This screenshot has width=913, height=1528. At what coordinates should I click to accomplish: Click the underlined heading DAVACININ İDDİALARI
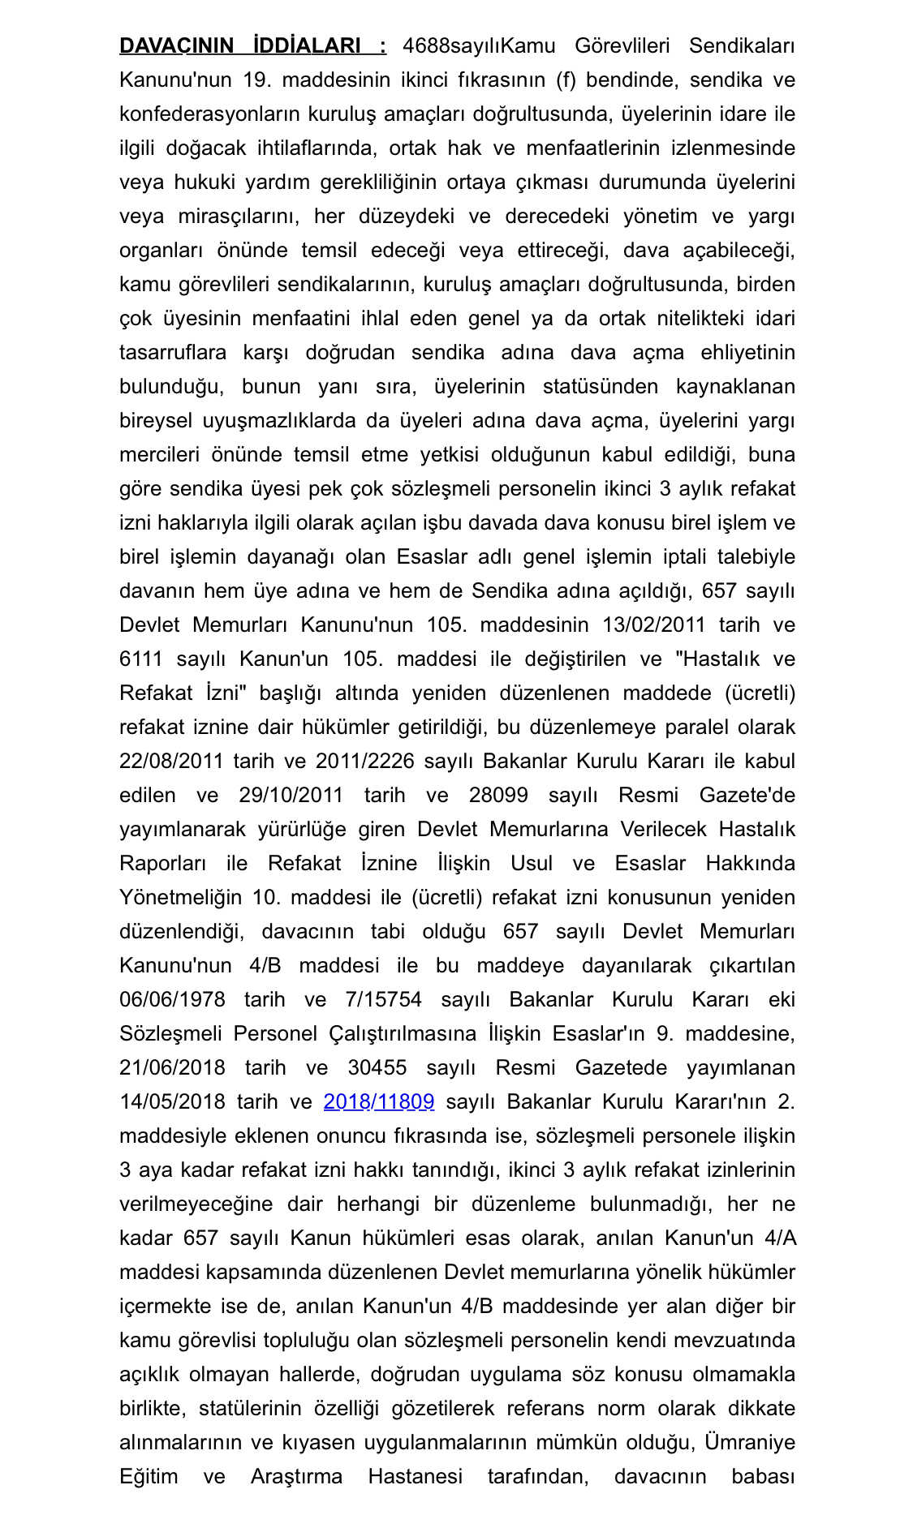(x=252, y=45)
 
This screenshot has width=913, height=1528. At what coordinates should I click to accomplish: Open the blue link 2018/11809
(x=378, y=1101)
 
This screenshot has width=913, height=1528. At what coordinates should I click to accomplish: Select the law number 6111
(x=140, y=659)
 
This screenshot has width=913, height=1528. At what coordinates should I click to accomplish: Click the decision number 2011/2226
(x=364, y=761)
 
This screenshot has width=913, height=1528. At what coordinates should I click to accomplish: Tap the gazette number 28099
(x=498, y=795)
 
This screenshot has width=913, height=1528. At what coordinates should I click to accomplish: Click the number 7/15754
(x=383, y=999)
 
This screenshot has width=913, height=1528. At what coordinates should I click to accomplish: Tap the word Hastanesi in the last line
(x=415, y=1476)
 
